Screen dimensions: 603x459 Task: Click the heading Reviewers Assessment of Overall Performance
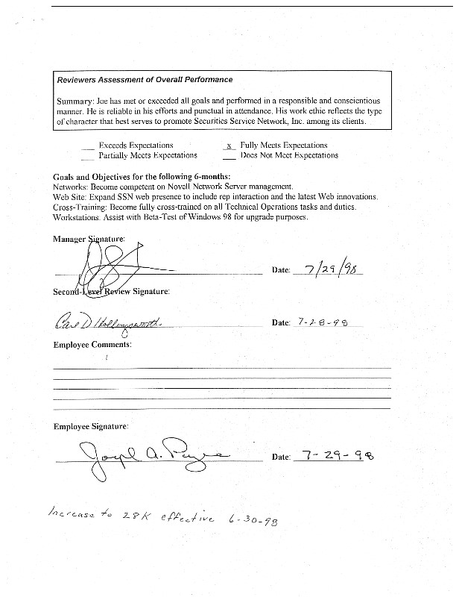point(145,80)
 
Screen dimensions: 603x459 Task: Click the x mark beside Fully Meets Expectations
point(229,146)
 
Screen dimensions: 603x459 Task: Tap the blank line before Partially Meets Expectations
point(89,157)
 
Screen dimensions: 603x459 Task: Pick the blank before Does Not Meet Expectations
point(229,157)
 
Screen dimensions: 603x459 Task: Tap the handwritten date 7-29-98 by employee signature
point(333,454)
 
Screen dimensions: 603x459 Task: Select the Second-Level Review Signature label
point(111,291)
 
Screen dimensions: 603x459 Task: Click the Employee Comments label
point(92,345)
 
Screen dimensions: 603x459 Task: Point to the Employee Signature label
point(90,426)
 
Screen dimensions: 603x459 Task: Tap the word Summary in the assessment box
point(72,100)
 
